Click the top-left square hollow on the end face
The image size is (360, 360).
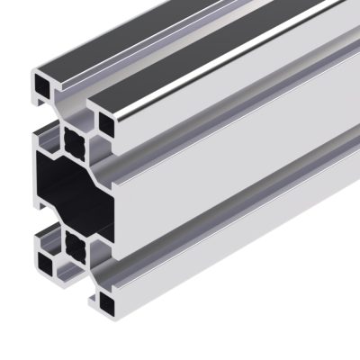tap(42, 83)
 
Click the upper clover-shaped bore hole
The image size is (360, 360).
tap(75, 139)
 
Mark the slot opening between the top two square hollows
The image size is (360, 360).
tap(75, 99)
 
